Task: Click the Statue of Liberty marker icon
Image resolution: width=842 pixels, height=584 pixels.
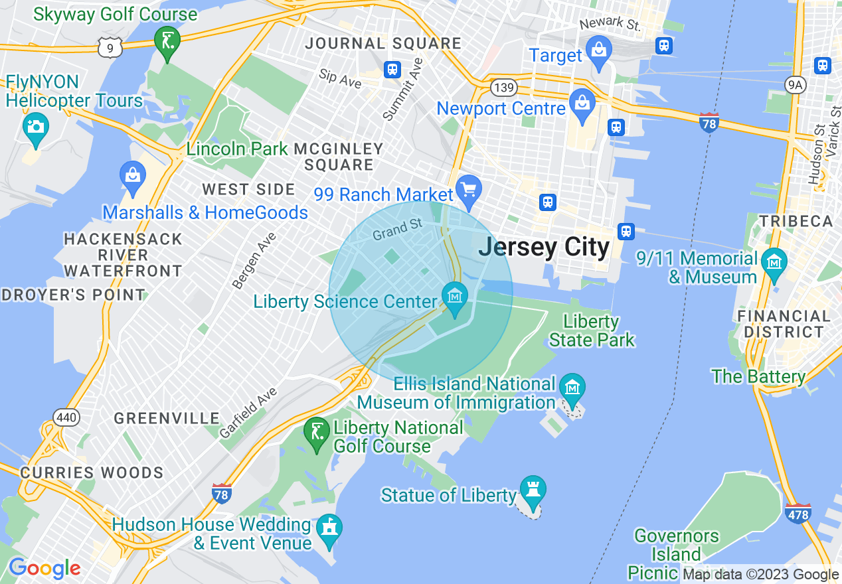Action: click(533, 489)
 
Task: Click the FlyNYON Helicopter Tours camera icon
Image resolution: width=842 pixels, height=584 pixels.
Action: click(35, 126)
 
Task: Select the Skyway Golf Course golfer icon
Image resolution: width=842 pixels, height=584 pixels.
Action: click(167, 41)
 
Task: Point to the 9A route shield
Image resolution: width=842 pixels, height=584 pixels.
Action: click(794, 84)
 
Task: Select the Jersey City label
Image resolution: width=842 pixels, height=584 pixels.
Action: click(543, 247)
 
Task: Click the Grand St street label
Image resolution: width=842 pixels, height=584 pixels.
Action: click(397, 230)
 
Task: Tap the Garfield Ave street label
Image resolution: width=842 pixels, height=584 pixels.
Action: click(248, 413)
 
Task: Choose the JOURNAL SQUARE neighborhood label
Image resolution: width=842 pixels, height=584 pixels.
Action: click(383, 44)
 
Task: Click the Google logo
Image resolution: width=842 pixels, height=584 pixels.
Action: click(44, 568)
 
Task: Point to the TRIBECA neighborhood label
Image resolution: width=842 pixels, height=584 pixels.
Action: click(796, 221)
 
